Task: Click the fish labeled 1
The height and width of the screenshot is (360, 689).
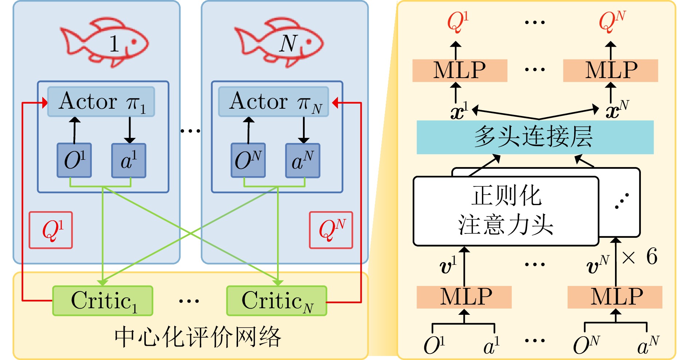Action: pos(104,42)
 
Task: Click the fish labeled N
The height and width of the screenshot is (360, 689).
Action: pos(279,42)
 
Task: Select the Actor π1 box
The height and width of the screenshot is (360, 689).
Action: pos(101,102)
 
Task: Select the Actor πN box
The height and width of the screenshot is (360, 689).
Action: pos(273,102)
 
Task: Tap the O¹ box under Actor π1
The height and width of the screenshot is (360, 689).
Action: pos(74,160)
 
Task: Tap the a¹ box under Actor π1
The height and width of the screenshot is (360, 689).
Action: pos(129,160)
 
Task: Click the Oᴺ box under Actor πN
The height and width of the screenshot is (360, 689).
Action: pos(248,160)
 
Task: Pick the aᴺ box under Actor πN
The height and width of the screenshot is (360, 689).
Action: pos(303,160)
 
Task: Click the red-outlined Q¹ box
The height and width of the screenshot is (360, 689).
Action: pos(51,230)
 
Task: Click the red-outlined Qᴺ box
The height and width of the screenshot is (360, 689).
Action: pos(331,230)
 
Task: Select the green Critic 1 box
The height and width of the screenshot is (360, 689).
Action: pos(103,301)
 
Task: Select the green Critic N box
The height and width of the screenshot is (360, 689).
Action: pos(277,301)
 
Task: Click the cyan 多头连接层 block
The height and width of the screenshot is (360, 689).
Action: pos(535,137)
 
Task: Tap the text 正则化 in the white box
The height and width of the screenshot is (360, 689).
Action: pos(506,196)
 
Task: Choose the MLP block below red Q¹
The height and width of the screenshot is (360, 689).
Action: pos(460,70)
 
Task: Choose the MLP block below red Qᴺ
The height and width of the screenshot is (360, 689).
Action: pos(611,70)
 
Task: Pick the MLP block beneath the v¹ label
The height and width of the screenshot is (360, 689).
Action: pos(464,297)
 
